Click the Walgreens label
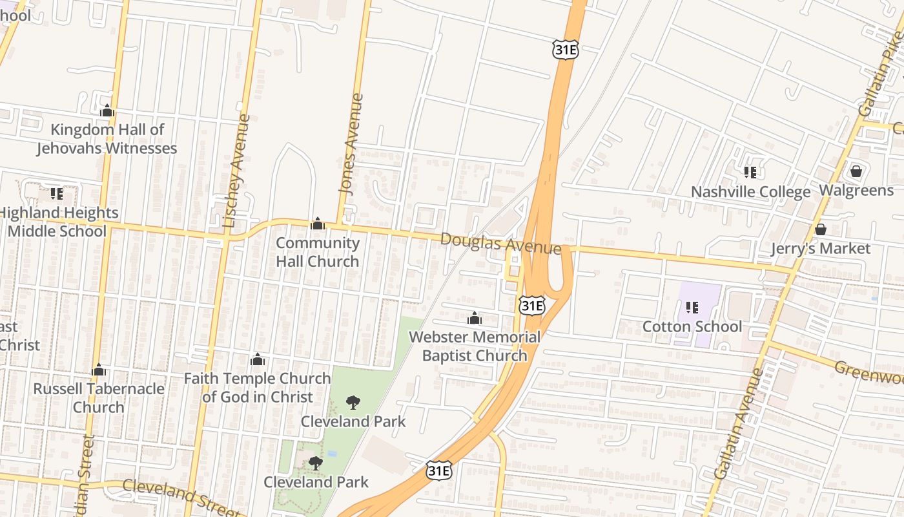click(x=856, y=191)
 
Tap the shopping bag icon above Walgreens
click(x=856, y=171)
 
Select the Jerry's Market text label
click(x=821, y=249)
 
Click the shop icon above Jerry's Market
click(x=821, y=229)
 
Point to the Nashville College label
click(x=750, y=192)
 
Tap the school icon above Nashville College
click(x=750, y=173)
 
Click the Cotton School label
click(x=692, y=326)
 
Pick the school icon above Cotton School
click(x=692, y=307)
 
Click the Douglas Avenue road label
click(x=500, y=244)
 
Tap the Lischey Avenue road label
click(x=236, y=171)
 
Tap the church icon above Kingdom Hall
click(x=107, y=111)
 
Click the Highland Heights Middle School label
click(x=57, y=222)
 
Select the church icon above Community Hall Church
click(x=318, y=224)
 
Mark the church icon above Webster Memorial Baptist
click(x=475, y=318)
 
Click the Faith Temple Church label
click(x=258, y=387)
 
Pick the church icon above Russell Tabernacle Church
click(x=99, y=370)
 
